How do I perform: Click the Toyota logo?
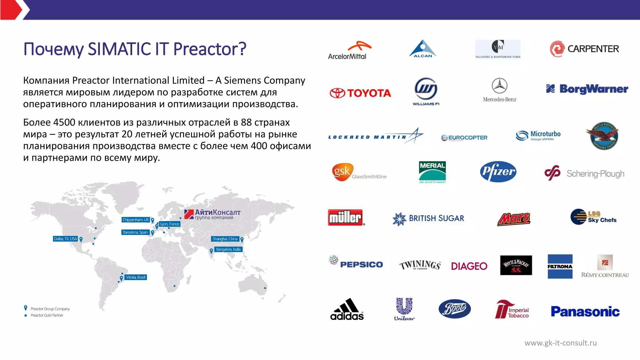[x=360, y=93]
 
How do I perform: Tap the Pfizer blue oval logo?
[x=498, y=172]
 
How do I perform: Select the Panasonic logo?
[x=585, y=312]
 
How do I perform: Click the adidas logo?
[x=347, y=309]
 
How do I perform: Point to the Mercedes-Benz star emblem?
[x=499, y=86]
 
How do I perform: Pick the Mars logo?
[x=514, y=219]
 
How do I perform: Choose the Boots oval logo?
[x=455, y=309]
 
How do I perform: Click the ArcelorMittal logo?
[x=349, y=50]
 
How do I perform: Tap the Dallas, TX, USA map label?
[x=65, y=239]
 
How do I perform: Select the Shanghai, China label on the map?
[x=225, y=239]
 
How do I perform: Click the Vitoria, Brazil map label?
[x=136, y=277]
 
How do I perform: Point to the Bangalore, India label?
[x=228, y=249]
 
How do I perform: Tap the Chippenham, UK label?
[x=136, y=220]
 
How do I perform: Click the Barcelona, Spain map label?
[x=135, y=232]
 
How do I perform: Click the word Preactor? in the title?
[x=210, y=49]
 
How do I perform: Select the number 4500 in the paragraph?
[x=64, y=122]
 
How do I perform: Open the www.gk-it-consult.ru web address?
[x=560, y=343]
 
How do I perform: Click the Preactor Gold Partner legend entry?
[x=47, y=315]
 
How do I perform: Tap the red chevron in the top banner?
[x=12, y=10]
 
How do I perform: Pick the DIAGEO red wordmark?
[x=469, y=266]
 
